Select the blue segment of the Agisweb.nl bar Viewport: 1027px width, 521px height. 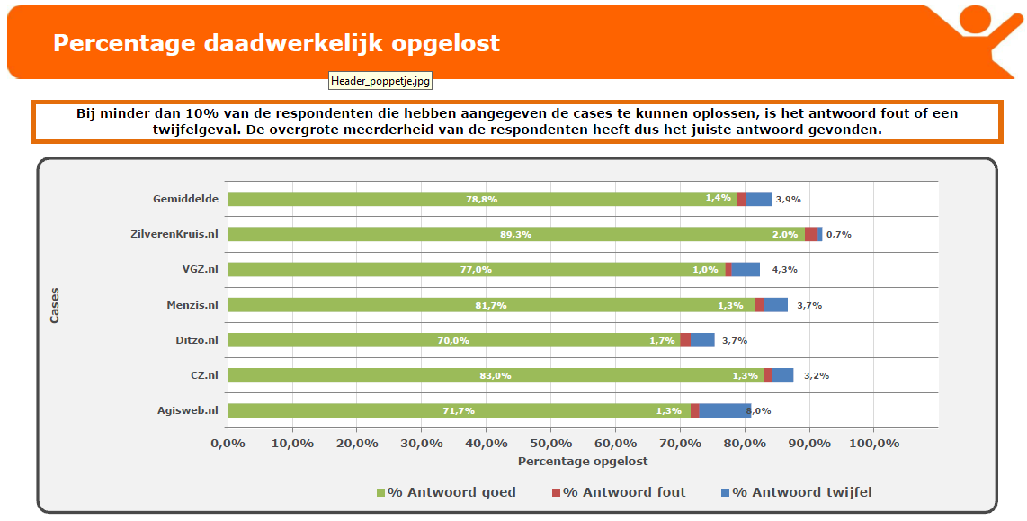coord(724,410)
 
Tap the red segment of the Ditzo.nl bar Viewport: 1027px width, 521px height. coord(685,340)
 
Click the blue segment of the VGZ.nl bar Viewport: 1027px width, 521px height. coord(746,269)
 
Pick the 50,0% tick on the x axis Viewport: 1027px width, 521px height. coord(550,443)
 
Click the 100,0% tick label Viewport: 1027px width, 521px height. coord(874,443)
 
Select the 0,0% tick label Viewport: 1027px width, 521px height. coord(228,443)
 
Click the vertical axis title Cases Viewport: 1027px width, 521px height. coord(55,305)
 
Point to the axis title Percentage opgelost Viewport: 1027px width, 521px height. coord(582,461)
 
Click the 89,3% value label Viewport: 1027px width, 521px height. coord(515,234)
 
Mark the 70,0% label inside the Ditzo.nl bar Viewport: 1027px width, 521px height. coord(453,340)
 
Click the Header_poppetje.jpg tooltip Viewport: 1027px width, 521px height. coord(380,81)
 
